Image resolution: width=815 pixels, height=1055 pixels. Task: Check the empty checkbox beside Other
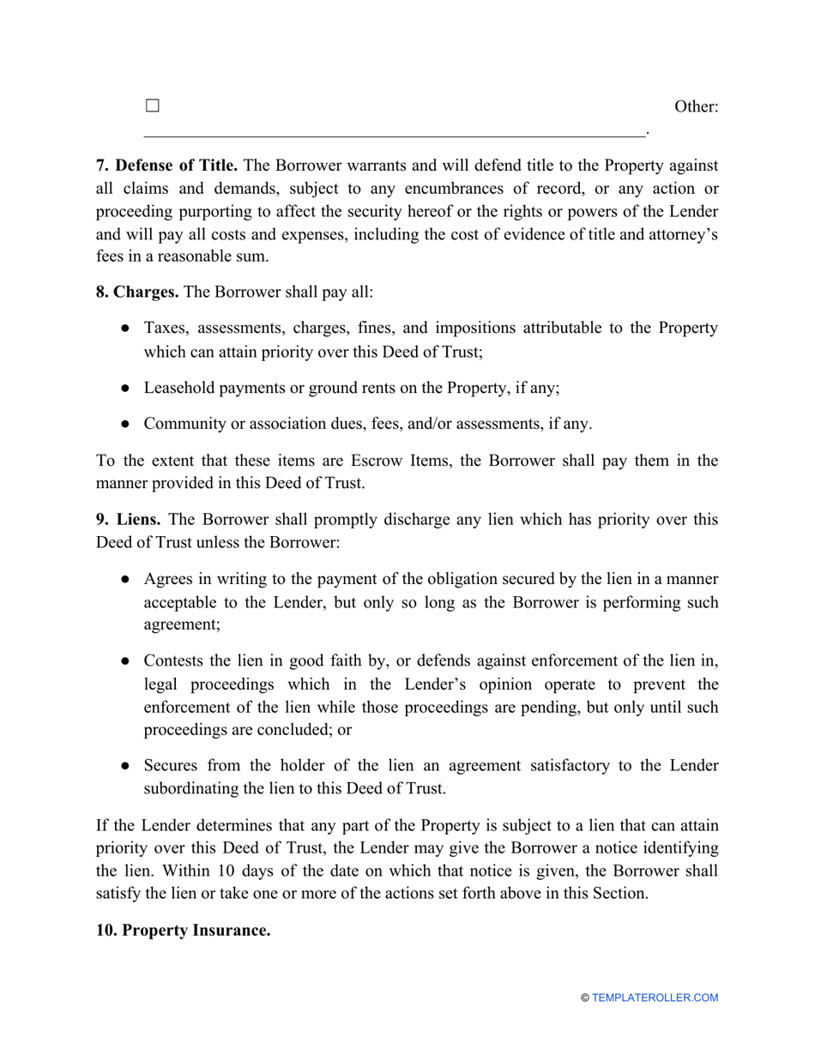(x=153, y=106)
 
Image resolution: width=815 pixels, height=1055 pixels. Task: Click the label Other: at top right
(x=696, y=107)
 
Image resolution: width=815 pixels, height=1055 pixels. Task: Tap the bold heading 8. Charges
(x=137, y=292)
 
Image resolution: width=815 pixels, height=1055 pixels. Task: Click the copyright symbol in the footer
(x=585, y=998)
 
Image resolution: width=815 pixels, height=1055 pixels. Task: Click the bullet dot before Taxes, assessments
(x=125, y=329)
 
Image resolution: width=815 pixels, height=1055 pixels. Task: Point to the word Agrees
(x=169, y=580)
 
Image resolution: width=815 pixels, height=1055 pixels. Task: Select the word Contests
(x=176, y=661)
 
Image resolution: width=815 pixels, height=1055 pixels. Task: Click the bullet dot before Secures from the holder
(x=125, y=765)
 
